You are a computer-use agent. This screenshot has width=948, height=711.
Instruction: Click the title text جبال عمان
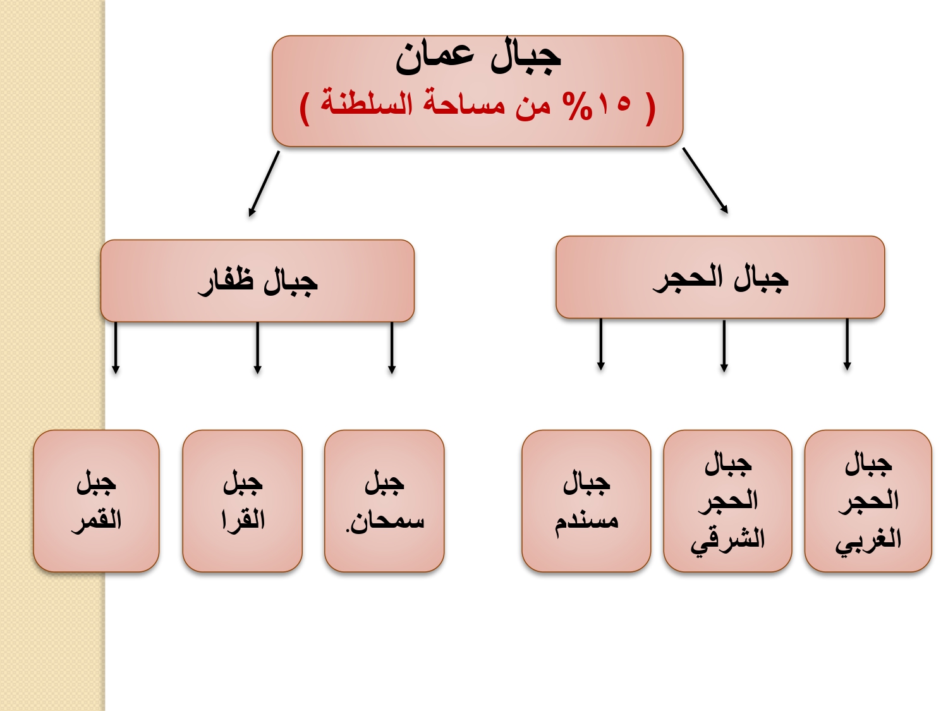[478, 59]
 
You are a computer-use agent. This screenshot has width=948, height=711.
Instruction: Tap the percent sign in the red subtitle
[576, 106]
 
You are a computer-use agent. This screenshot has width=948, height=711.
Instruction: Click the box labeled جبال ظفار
[257, 281]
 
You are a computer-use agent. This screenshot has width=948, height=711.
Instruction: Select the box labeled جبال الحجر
[720, 277]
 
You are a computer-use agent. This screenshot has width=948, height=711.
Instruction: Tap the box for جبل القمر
[96, 501]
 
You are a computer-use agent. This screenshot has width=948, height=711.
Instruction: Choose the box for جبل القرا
[242, 501]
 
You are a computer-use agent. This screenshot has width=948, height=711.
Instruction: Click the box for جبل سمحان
[384, 501]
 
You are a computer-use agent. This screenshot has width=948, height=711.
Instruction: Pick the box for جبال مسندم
[586, 501]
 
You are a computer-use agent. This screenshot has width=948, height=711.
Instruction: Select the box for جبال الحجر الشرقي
[727, 501]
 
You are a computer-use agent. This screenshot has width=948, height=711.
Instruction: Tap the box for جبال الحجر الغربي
[868, 501]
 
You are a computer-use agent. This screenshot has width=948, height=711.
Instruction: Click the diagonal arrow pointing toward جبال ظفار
[264, 183]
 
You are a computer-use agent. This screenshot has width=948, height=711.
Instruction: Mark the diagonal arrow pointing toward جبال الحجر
[705, 181]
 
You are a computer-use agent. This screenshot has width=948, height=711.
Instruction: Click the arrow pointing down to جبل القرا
[257, 348]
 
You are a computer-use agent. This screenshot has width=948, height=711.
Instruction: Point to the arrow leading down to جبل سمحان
[392, 348]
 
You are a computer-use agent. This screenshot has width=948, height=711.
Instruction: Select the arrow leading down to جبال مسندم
[601, 344]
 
